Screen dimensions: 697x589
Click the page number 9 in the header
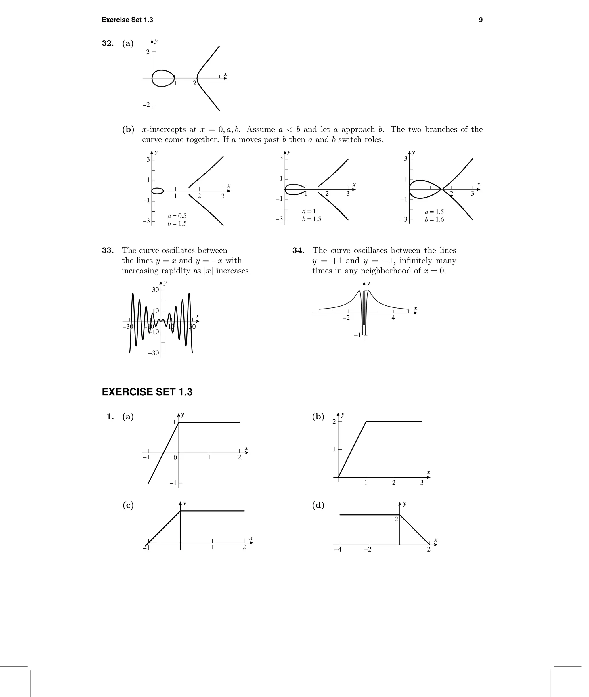(481, 20)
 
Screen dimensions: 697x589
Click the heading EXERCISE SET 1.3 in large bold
(147, 392)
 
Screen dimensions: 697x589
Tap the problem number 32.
(108, 43)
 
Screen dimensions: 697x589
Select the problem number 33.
(108, 250)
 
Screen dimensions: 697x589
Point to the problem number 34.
(298, 250)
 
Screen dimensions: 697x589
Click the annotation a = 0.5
(177, 216)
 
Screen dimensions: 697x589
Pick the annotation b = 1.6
(434, 220)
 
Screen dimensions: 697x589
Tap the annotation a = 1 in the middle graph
(309, 211)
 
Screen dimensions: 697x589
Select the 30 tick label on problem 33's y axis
(156, 290)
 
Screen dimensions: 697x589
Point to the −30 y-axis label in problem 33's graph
(154, 353)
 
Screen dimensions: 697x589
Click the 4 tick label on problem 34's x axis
(393, 318)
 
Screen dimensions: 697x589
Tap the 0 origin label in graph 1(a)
(175, 458)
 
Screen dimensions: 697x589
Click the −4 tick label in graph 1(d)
(338, 549)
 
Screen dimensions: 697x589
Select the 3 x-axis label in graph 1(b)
(422, 483)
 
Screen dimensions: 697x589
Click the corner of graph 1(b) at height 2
(366, 422)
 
